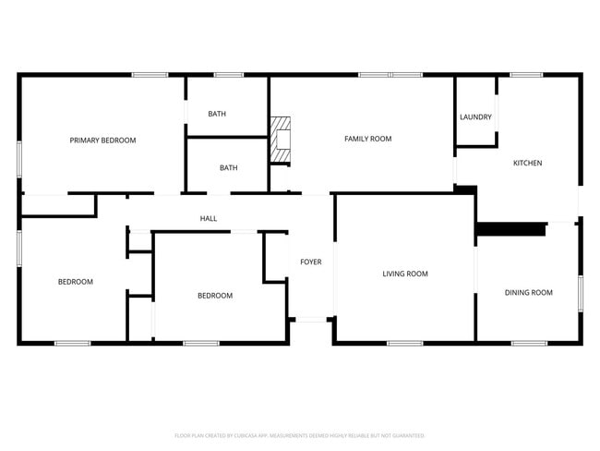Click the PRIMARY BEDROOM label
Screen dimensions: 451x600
coord(102,140)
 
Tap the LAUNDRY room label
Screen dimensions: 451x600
coord(475,117)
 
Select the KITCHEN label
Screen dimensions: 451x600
coord(527,164)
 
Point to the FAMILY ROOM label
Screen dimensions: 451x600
coord(367,139)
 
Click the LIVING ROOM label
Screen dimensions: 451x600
coord(405,274)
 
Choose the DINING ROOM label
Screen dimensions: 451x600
coord(528,293)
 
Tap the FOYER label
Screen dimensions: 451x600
coord(310,262)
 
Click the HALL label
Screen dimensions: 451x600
coord(209,219)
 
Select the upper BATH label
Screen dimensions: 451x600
coord(217,115)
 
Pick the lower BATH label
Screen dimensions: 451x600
coord(228,168)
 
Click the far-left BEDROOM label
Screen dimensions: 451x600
coord(76,282)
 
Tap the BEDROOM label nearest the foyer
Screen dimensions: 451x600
coord(215,296)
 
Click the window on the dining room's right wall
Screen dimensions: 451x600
coord(581,293)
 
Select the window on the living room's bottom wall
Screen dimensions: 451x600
coord(404,344)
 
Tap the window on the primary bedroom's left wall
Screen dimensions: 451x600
coord(19,155)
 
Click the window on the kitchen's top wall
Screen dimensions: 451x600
coord(525,75)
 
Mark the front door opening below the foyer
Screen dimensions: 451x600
coord(312,321)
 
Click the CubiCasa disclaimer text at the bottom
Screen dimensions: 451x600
coord(299,435)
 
